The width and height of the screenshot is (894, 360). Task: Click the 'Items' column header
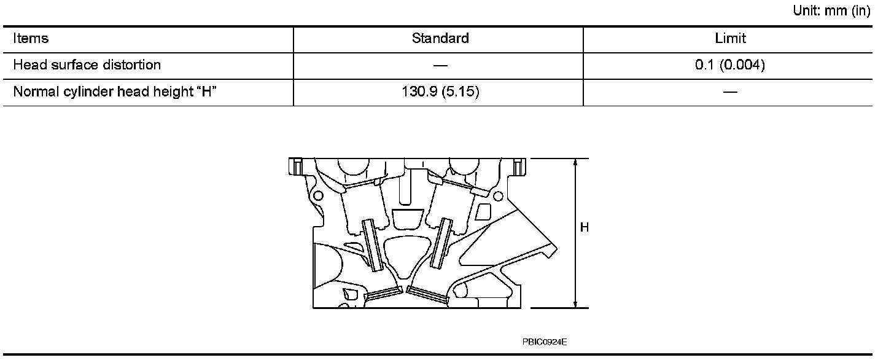point(31,39)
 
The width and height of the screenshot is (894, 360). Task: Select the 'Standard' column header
point(440,39)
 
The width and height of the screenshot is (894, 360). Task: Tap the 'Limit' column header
point(730,39)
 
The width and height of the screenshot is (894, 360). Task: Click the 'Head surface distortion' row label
point(87,65)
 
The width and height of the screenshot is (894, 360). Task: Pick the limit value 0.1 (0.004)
point(730,65)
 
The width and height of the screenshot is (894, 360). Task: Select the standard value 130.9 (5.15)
point(440,92)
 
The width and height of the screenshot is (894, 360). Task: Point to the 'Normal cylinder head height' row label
point(116,92)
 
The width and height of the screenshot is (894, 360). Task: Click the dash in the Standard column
point(440,66)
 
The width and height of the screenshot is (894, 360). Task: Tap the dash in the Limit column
point(730,92)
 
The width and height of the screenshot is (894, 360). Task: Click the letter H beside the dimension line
point(585,228)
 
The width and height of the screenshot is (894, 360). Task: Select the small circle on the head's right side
point(498,195)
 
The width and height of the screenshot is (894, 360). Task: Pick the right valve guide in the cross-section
point(441,243)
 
